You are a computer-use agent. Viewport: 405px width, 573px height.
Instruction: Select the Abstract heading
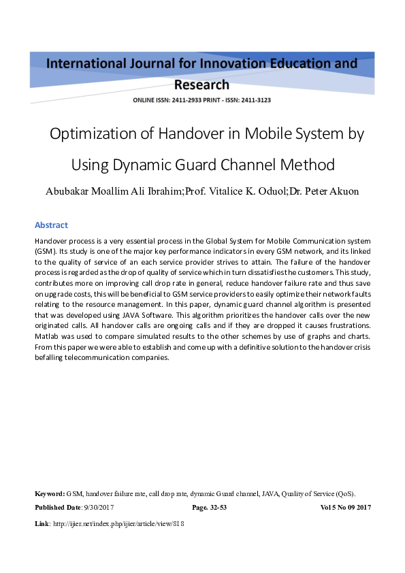coord(51,225)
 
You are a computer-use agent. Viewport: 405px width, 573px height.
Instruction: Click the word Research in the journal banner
coord(202,85)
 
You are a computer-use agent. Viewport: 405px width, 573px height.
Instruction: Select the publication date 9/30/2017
coord(99,508)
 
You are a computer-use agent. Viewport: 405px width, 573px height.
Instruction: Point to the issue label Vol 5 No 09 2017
coord(345,508)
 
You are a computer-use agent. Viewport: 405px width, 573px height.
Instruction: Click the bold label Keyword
coord(49,493)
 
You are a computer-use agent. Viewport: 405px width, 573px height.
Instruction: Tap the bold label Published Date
coord(57,508)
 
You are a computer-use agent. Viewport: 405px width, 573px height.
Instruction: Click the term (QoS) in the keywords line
coord(345,493)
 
